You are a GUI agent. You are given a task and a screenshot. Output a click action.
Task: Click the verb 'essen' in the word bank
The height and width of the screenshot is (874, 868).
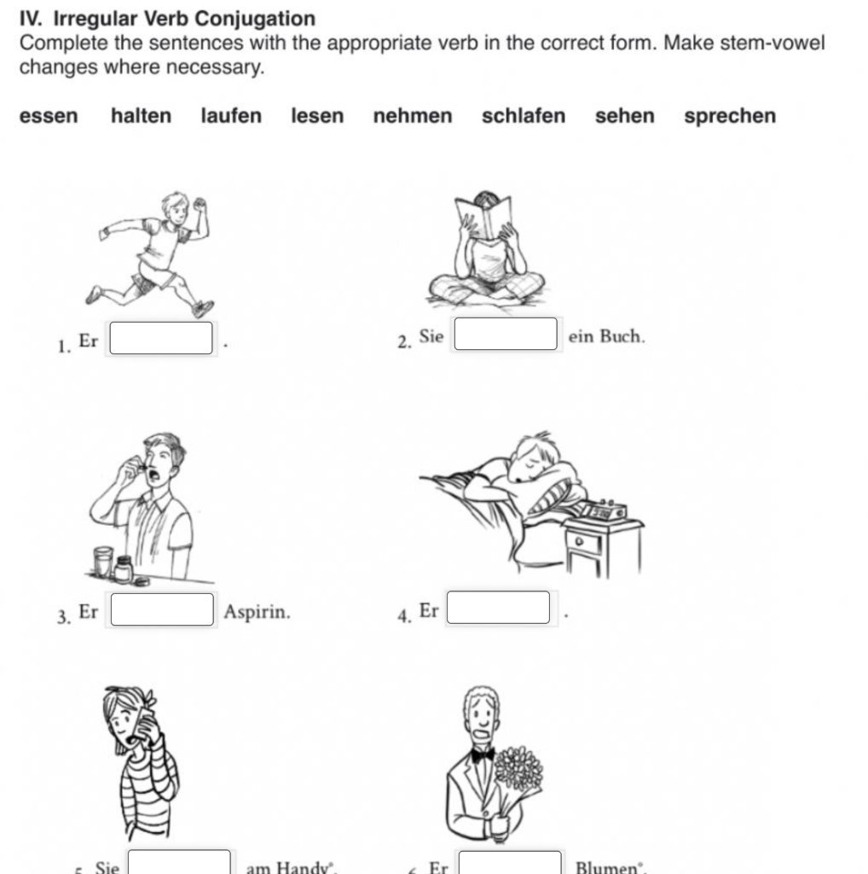tap(49, 116)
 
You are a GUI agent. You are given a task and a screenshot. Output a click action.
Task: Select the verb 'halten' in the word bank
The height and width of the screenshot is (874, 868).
tap(141, 116)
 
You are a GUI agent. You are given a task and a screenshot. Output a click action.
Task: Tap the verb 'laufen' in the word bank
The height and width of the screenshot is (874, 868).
tap(231, 116)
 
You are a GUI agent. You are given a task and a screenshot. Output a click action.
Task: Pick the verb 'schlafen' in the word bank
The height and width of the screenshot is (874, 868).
tap(523, 116)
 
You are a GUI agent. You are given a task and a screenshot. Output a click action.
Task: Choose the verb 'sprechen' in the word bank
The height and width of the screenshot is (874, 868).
tap(729, 116)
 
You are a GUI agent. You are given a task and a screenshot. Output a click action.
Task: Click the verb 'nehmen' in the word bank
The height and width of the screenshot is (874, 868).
tap(413, 116)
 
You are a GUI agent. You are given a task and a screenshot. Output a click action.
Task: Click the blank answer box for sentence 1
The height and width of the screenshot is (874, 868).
tap(161, 337)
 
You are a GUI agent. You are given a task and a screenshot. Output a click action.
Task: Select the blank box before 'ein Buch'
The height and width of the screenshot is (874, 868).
tap(506, 335)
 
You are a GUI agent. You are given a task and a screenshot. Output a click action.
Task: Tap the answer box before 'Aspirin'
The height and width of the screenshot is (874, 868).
tap(161, 609)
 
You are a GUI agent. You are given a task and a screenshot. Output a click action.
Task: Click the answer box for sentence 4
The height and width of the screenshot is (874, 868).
tap(499, 608)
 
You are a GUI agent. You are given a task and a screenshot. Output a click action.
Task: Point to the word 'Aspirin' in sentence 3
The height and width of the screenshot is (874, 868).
tap(257, 612)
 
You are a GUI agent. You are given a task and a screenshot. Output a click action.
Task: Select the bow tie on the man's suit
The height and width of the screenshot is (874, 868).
tap(483, 755)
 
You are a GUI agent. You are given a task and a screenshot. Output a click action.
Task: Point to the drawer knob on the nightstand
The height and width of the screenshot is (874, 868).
tap(581, 541)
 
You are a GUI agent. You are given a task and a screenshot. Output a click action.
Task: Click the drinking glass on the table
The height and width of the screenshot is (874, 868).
tap(103, 562)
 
